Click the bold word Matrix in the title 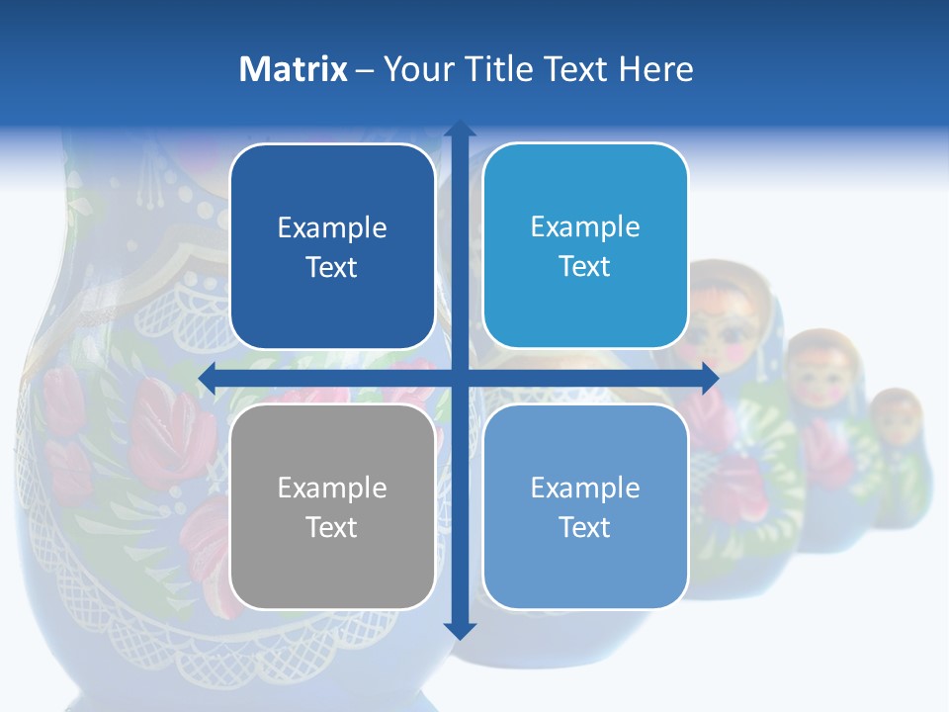click(x=294, y=69)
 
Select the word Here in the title click(x=656, y=69)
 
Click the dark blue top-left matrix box click(x=332, y=247)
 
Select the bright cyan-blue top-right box click(x=585, y=245)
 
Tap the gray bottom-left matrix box click(x=332, y=506)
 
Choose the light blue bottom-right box click(x=585, y=506)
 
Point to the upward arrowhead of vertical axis click(x=460, y=130)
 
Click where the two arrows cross click(x=460, y=378)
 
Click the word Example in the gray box click(x=332, y=488)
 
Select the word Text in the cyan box click(x=585, y=266)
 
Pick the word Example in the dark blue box click(x=332, y=228)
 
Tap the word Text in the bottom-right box click(x=585, y=527)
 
